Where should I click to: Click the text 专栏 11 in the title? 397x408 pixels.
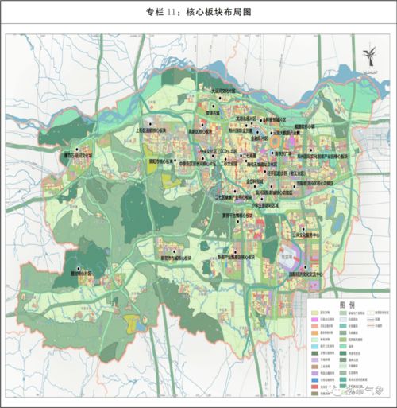point(162,12)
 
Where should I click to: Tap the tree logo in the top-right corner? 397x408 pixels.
point(368,58)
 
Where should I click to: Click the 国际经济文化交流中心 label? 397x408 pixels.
point(310,274)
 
